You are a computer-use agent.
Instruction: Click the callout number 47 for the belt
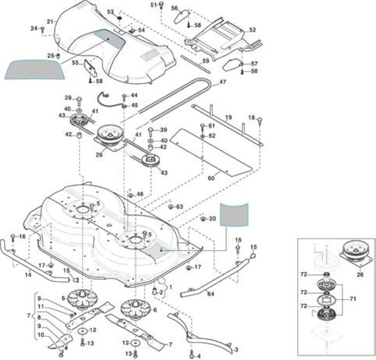click(x=222, y=82)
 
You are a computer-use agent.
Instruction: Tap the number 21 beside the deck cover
click(x=50, y=22)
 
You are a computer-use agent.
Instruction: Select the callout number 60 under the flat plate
click(x=211, y=178)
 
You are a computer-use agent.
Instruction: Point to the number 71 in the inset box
click(x=353, y=299)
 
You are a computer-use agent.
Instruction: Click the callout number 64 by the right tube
click(x=211, y=293)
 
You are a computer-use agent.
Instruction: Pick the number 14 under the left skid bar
click(x=28, y=274)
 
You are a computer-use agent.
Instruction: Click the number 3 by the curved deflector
click(x=236, y=350)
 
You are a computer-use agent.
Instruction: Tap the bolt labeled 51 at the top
click(x=161, y=5)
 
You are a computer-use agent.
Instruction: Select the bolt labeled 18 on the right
click(x=260, y=120)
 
